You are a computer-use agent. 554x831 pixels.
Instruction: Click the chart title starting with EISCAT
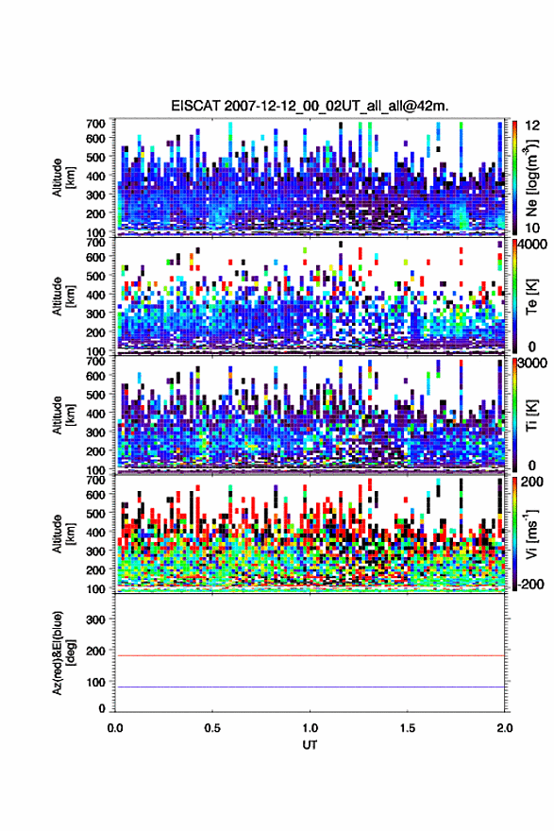tap(310, 106)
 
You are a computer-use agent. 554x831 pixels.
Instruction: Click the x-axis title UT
tap(310, 745)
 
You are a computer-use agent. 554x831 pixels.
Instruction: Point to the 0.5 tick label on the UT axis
tap(212, 728)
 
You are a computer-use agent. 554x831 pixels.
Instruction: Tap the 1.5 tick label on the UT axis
tap(408, 728)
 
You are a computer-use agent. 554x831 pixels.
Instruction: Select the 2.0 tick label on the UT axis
tap(505, 728)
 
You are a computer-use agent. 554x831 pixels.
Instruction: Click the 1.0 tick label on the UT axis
tap(310, 728)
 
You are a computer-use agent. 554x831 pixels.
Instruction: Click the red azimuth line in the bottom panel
tap(310, 655)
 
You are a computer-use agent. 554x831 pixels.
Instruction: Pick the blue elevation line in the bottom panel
tap(310, 687)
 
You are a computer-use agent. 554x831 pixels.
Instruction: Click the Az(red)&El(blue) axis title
tap(62, 653)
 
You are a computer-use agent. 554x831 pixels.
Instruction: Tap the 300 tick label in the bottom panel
tap(95, 619)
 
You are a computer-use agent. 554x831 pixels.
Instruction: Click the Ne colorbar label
tap(531, 178)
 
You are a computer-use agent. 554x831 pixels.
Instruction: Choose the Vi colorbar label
tap(531, 534)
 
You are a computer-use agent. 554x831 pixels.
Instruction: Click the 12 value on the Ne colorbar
tap(531, 126)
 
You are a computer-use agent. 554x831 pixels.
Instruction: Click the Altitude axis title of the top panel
tap(62, 178)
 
